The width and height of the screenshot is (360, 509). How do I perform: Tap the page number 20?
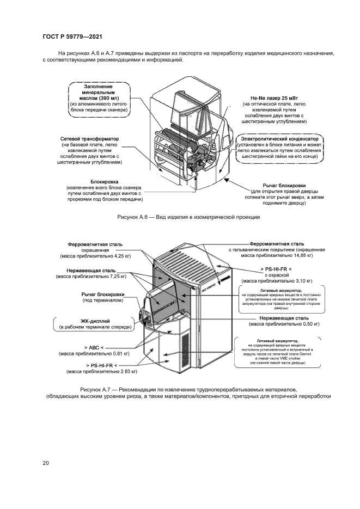(46, 463)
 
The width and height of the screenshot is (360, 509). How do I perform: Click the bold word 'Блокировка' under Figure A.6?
(105, 181)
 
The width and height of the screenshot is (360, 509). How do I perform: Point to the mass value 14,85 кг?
(301, 255)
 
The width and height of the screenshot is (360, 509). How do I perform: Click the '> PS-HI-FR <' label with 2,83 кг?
(101, 365)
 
